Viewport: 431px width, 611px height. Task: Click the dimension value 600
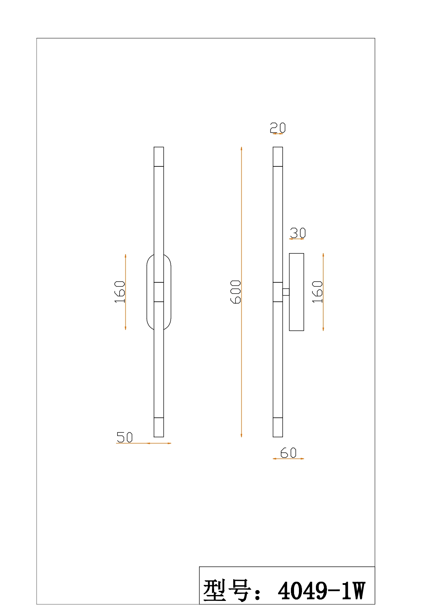tap(236, 292)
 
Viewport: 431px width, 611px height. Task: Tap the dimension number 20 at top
tap(278, 127)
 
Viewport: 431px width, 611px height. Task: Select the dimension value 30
tap(298, 233)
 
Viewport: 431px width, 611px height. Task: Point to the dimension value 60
tap(288, 453)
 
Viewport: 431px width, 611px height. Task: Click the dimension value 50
tap(124, 437)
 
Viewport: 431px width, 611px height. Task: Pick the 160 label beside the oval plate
tap(120, 292)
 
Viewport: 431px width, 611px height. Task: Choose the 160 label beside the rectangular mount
tap(317, 292)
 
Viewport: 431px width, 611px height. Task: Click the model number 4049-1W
tap(322, 591)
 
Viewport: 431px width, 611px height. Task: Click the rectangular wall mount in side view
tap(296, 292)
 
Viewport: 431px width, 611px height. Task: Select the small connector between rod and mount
tap(286, 292)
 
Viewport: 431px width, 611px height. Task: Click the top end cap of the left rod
tap(159, 157)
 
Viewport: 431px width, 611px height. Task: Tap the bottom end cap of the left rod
tap(159, 427)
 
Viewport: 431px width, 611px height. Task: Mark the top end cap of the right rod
tap(278, 157)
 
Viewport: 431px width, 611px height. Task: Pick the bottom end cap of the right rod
tap(278, 427)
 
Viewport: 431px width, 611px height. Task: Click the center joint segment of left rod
tap(159, 292)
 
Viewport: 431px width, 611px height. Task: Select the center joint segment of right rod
tap(278, 292)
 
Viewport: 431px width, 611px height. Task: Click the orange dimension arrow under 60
tap(288, 459)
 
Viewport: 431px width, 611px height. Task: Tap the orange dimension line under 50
tap(144, 443)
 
